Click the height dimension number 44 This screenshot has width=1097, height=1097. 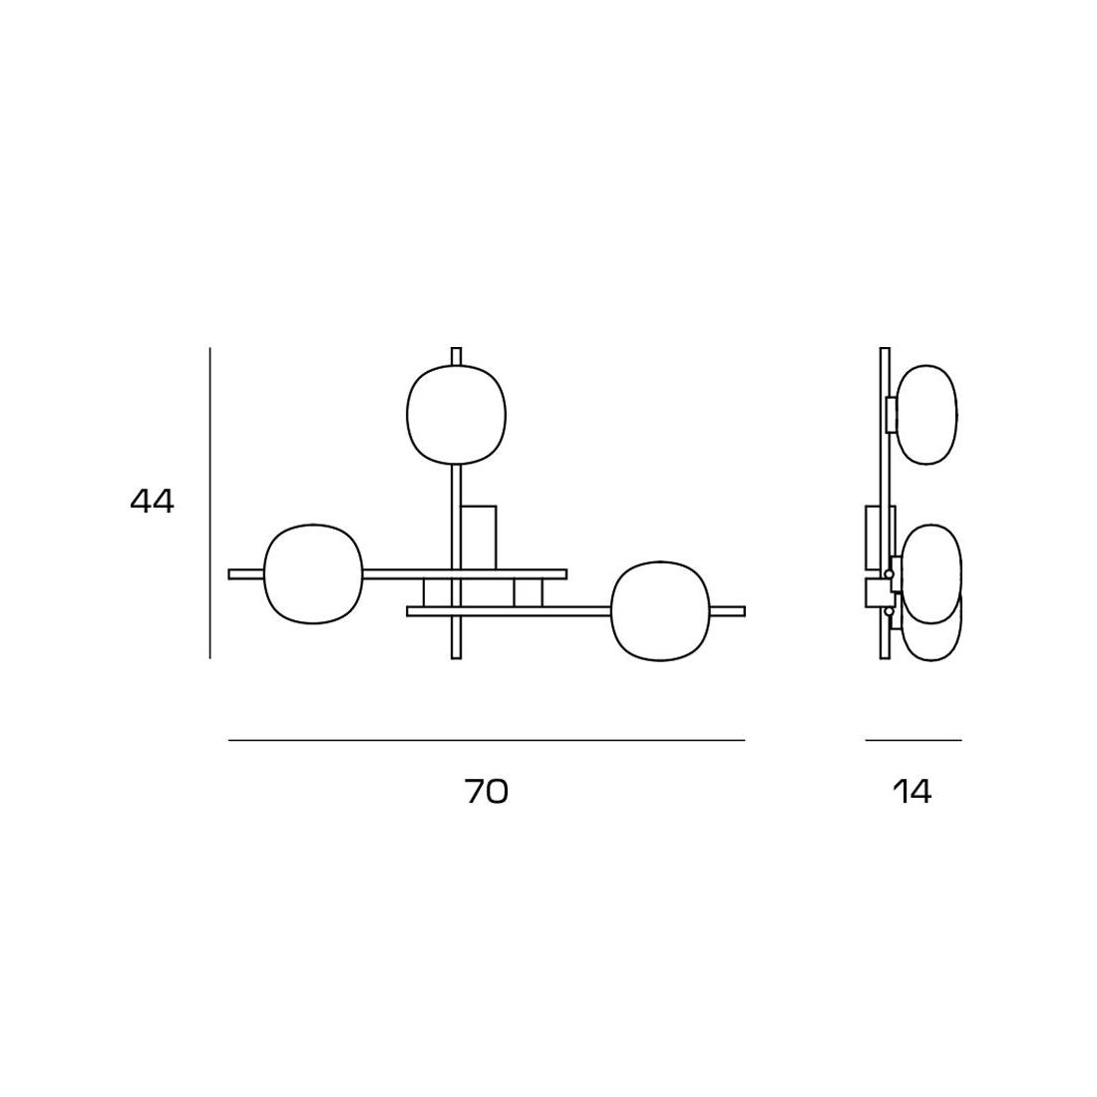[x=152, y=501]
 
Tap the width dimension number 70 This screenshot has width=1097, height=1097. [x=487, y=791]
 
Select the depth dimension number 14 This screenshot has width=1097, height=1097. [x=913, y=791]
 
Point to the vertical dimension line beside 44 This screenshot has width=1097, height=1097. [x=209, y=503]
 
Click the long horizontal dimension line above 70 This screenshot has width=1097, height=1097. [x=487, y=740]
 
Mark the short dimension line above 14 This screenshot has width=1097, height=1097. [x=914, y=740]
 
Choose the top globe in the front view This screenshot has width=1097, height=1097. [x=456, y=414]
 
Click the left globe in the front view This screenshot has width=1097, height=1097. [x=313, y=573]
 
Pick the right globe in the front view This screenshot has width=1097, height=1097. [x=661, y=610]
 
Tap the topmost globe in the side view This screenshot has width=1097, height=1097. [x=927, y=414]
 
